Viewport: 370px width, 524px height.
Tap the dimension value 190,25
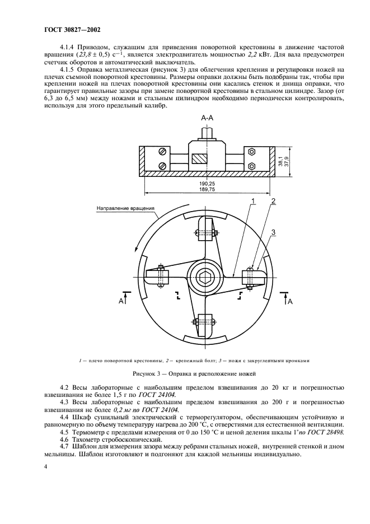click(206, 184)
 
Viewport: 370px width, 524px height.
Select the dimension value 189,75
click(206, 190)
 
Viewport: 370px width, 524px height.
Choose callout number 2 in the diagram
click(273, 200)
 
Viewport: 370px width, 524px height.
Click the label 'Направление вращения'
click(125, 209)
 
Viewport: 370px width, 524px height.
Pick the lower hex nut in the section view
click(251, 166)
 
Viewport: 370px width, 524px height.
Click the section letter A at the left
click(120, 301)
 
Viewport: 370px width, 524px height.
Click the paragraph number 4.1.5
click(68, 69)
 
